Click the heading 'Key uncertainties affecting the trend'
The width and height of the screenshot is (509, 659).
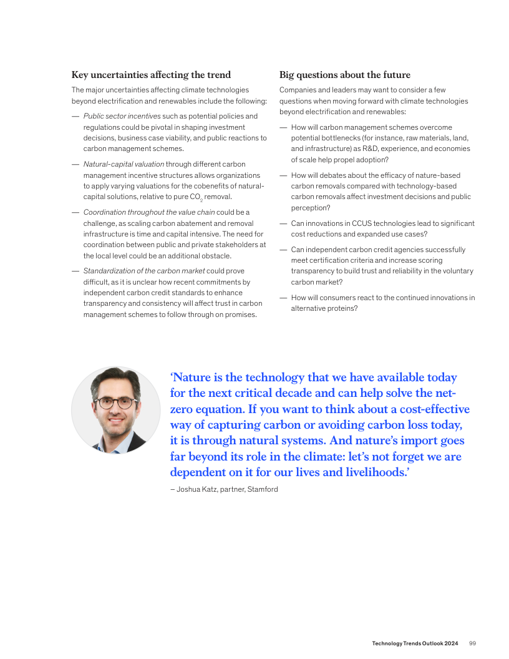click(151, 75)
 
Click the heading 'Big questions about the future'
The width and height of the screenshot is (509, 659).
click(344, 75)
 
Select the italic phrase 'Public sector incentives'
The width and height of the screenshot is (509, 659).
click(122, 116)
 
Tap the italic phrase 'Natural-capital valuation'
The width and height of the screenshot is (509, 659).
click(124, 164)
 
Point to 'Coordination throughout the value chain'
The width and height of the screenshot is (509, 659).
click(149, 212)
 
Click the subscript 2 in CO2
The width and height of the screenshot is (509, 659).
click(201, 199)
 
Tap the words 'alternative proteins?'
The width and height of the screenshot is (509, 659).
click(324, 308)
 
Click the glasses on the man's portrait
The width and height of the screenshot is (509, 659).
click(116, 403)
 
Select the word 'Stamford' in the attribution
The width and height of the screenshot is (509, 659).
click(263, 489)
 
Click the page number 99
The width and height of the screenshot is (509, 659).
click(472, 643)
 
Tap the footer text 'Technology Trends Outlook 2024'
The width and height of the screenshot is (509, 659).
click(415, 643)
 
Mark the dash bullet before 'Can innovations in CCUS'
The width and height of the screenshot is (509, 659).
click(283, 223)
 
